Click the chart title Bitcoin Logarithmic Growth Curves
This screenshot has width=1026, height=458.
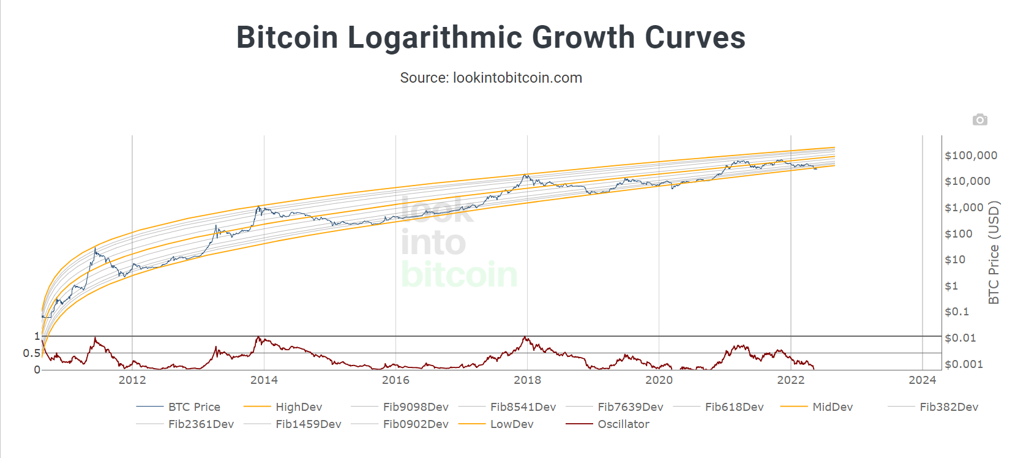coord(490,37)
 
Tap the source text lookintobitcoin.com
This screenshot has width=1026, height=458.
coord(490,78)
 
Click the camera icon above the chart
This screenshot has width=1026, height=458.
coord(979,119)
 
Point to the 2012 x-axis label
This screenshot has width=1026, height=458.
coord(132,380)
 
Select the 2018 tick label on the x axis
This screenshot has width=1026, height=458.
coord(527,380)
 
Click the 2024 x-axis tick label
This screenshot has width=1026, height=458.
coord(922,380)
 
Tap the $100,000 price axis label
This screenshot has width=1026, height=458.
coord(971,156)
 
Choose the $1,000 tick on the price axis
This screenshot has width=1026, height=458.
coord(964,208)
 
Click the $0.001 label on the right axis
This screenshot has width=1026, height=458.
coord(964,364)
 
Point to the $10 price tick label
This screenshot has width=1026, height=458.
coord(955,260)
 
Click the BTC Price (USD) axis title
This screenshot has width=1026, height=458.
coord(994,252)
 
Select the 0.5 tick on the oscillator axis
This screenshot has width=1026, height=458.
coord(31,353)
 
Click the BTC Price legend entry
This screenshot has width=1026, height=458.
coord(194,407)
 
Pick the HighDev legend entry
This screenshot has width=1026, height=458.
coord(299,407)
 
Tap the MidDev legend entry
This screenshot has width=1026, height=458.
coord(832,407)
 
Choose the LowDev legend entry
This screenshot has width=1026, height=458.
coord(512,424)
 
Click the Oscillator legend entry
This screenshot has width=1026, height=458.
coord(623,424)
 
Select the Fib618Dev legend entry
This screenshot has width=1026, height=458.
coord(734,407)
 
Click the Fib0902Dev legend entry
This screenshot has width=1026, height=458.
coord(416,424)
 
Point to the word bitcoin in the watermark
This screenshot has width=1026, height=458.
coord(459,274)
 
